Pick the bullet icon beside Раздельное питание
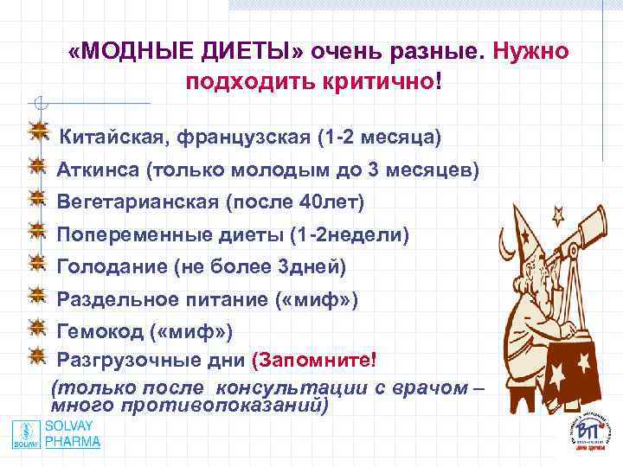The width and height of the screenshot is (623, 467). point(37,297)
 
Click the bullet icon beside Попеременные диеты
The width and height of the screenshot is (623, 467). point(37,232)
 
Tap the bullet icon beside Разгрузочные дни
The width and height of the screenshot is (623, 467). point(37,355)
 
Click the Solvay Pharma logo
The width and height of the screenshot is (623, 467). point(57,433)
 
